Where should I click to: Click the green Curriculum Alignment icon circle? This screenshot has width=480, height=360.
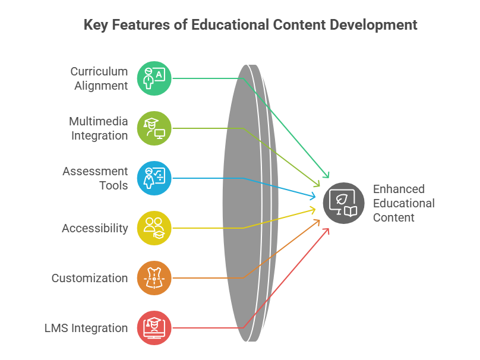tap(154, 78)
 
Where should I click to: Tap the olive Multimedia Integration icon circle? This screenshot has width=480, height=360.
tap(154, 128)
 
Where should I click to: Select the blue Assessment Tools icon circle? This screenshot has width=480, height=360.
tap(154, 178)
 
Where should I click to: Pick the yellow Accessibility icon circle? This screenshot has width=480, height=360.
tap(154, 228)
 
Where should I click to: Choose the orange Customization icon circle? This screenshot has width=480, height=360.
tap(154, 278)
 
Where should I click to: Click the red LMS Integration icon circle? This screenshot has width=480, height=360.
tap(154, 328)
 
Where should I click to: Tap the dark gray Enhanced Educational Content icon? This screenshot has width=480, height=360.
tap(344, 203)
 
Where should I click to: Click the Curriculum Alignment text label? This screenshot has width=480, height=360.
tap(99, 78)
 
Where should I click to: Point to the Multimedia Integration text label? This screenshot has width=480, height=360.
tap(98, 128)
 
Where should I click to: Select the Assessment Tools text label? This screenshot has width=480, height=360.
tap(95, 178)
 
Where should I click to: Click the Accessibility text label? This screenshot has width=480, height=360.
tap(95, 228)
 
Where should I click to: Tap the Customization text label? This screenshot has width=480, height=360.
tap(90, 278)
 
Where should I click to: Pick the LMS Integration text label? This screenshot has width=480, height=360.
tap(86, 328)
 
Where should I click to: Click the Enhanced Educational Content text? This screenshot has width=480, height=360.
tap(404, 203)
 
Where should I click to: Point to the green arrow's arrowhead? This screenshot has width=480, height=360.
tap(327, 175)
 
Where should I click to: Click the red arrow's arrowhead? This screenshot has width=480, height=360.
tap(327, 231)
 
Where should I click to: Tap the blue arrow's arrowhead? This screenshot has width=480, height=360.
tap(313, 196)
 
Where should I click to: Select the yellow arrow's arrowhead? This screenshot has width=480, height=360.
tap(313, 210)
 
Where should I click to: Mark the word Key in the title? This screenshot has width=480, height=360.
tap(96, 25)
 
